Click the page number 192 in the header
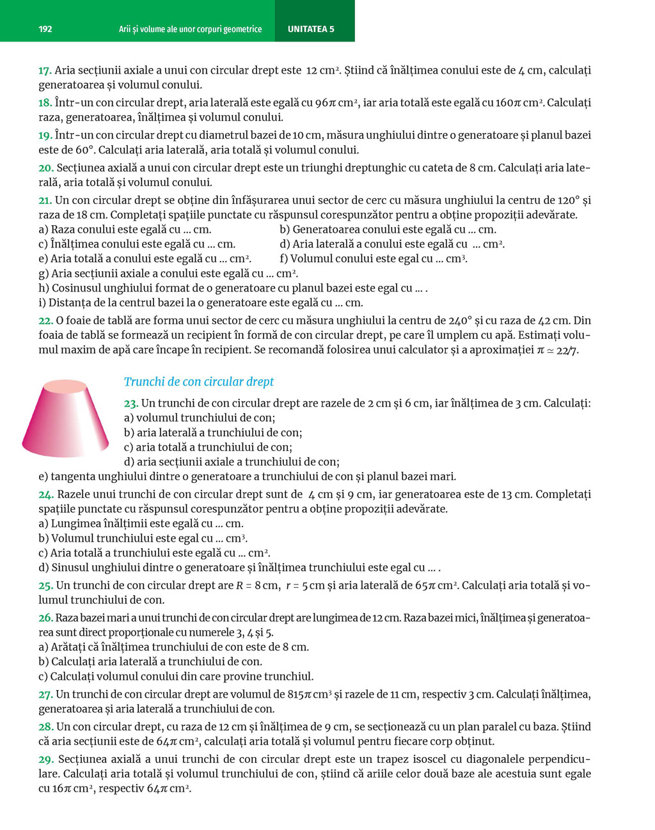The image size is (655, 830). (45, 29)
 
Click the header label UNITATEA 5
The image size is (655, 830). (311, 29)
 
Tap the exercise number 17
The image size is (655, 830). (45, 70)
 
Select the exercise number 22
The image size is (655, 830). (45, 320)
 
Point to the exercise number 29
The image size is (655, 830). (45, 759)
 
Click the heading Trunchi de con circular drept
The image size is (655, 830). (198, 382)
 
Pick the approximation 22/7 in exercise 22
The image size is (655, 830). (567, 350)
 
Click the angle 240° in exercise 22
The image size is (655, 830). (461, 320)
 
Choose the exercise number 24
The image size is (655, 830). (45, 494)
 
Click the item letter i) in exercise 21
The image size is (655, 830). (42, 303)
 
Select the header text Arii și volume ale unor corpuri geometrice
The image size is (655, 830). (190, 29)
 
